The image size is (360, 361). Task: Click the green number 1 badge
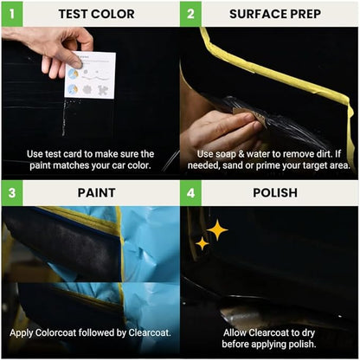12,13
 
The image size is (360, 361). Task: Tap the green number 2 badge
192,13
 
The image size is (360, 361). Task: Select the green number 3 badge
12,192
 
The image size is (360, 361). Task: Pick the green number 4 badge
192,192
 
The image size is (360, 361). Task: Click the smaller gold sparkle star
202,244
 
